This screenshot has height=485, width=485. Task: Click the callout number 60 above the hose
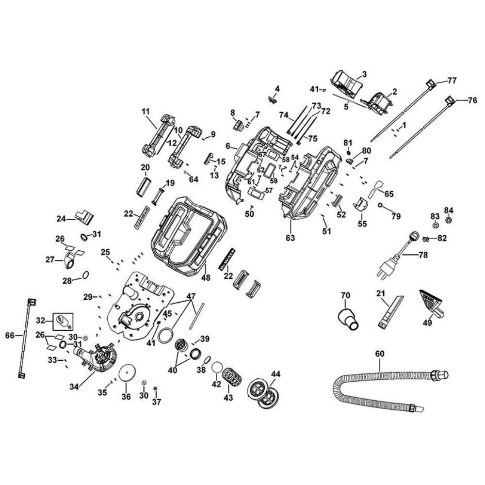(379, 354)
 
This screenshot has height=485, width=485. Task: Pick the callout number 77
(452, 80)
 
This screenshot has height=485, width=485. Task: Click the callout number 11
(146, 112)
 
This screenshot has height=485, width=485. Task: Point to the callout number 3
(364, 74)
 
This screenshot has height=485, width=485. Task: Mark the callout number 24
(61, 219)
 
